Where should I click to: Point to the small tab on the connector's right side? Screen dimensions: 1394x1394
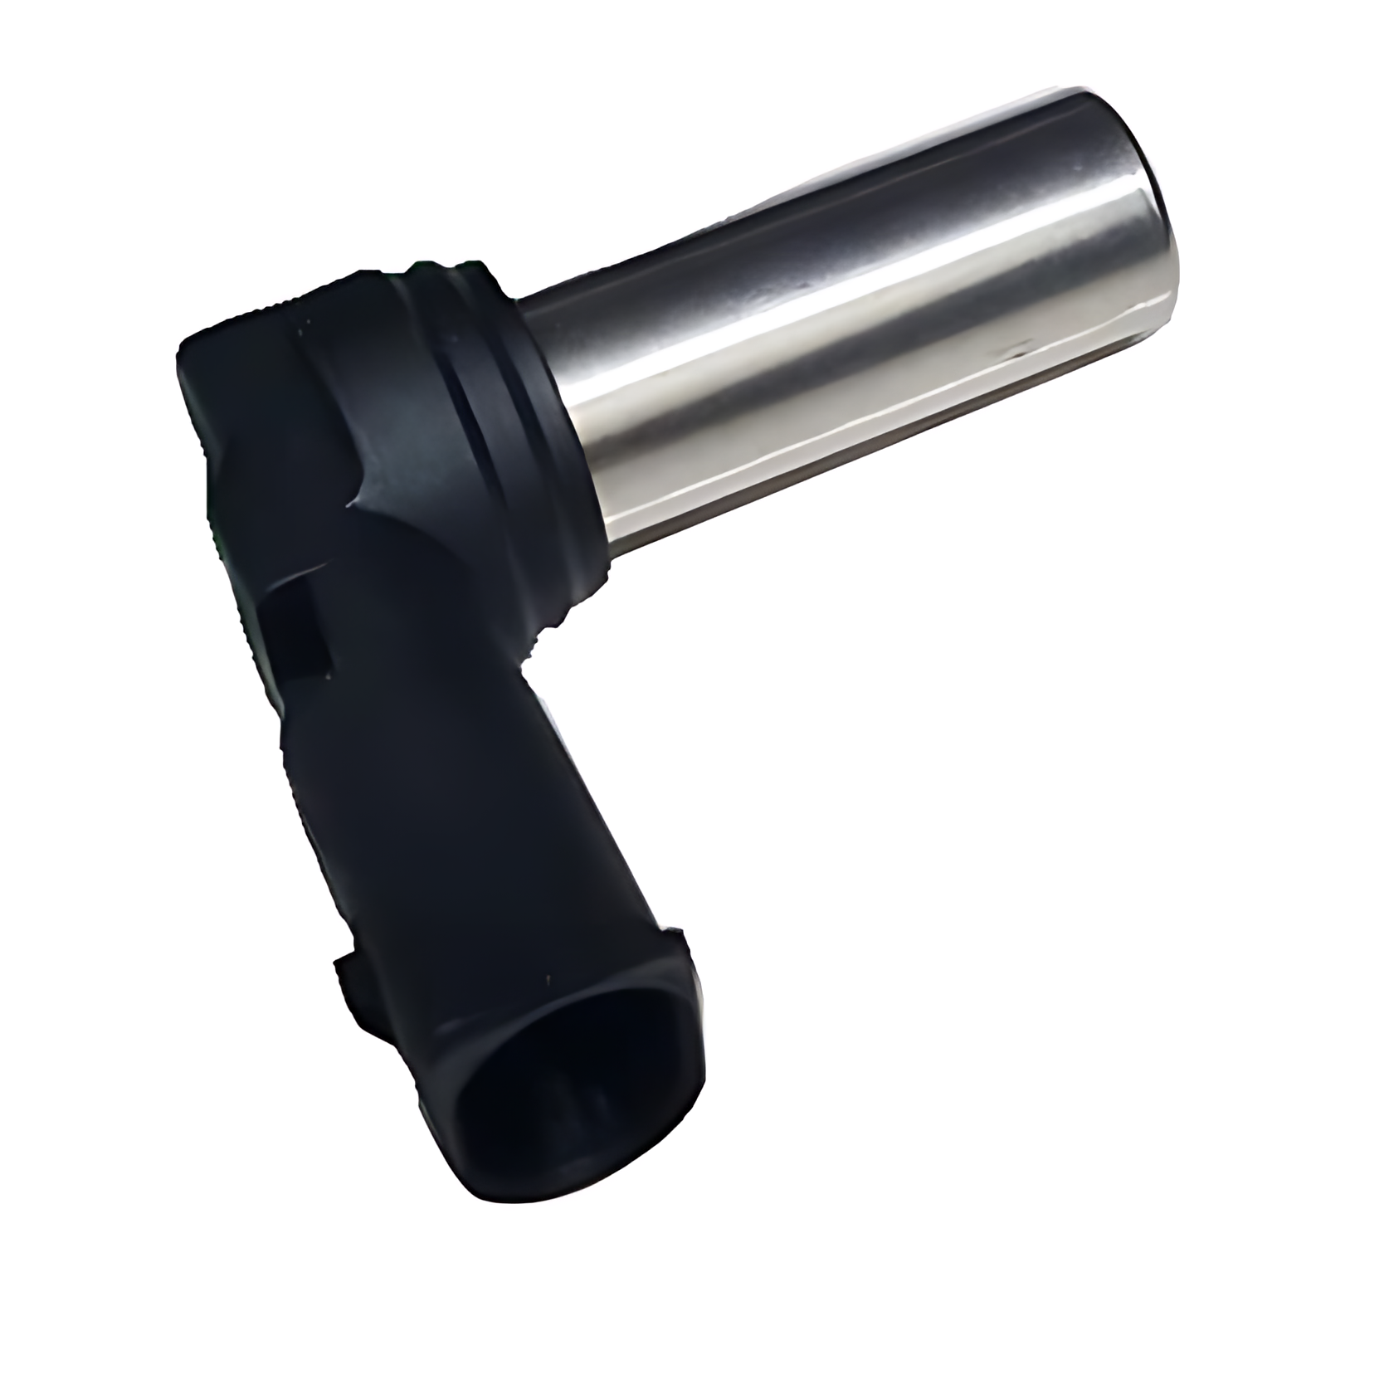[680, 946]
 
